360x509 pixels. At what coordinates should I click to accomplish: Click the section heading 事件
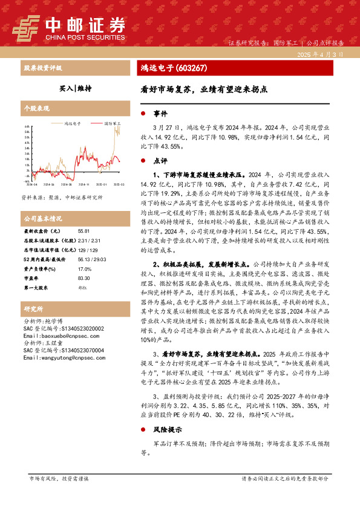tap(160, 114)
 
